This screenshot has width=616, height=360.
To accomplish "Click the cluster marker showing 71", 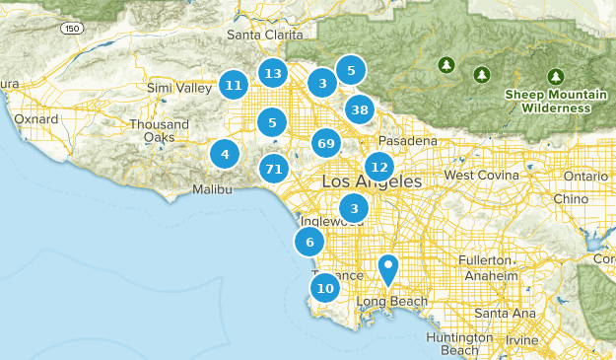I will pos(274,169).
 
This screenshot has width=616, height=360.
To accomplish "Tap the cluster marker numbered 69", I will pos(327,144).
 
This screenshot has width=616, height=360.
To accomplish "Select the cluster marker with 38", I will pos(361,109).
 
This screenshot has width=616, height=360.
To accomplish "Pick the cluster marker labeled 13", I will pos(274,73).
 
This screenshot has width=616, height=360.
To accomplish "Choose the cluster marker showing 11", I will pos(233,86).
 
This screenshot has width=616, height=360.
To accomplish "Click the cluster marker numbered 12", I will pos(378,167).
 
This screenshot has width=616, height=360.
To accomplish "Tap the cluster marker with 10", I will pos(324,288).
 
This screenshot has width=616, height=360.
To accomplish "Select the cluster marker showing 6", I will pos(309,243).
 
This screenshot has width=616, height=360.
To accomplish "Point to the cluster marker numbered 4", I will pos(226,154).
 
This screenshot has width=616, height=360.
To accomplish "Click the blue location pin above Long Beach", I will pos(389,268).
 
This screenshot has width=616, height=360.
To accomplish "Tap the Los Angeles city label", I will pos(372,183).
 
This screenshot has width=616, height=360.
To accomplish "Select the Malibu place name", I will pos(212,188).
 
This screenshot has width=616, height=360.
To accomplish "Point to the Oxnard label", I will pos(35,119).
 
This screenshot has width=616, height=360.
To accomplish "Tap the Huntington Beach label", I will pos(452,343).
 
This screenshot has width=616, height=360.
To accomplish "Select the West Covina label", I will pos(481,175).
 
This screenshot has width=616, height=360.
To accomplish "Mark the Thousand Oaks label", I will pos(159,131).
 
